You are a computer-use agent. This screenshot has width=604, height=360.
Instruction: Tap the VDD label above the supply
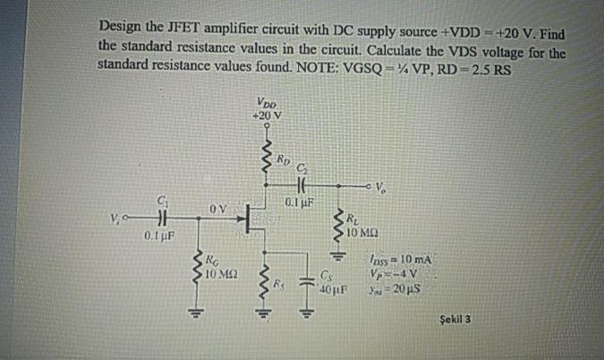pyautogui.click(x=266, y=102)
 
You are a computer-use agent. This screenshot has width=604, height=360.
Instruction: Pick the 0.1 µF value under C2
pyautogui.click(x=298, y=204)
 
